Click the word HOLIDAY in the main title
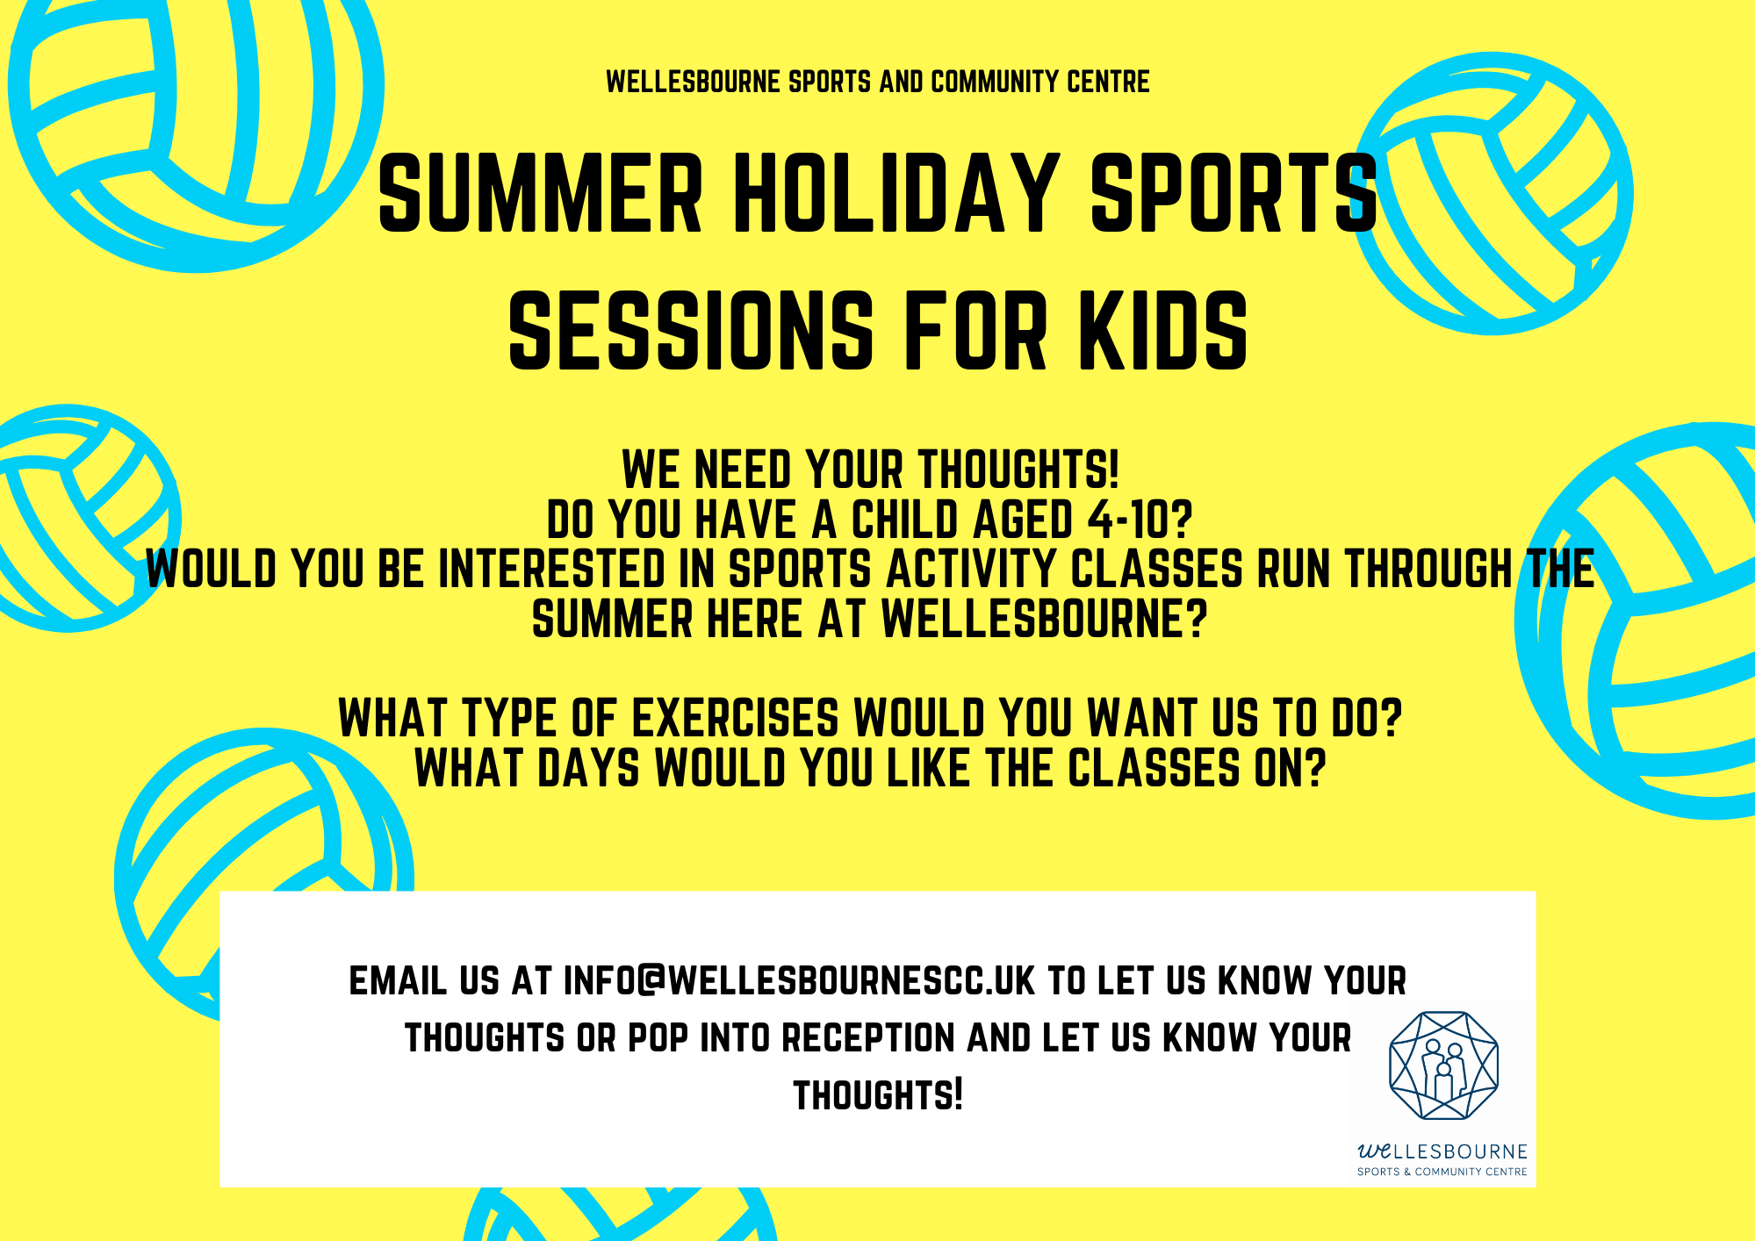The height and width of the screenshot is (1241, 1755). click(895, 194)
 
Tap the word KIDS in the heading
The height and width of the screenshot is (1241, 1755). click(1163, 332)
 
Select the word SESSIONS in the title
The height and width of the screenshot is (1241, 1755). click(691, 332)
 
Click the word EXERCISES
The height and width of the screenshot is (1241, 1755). click(735, 719)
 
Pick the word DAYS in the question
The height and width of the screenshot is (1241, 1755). click(588, 769)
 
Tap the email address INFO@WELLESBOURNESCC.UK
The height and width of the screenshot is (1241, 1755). click(799, 981)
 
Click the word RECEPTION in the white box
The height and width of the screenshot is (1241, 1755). click(868, 1038)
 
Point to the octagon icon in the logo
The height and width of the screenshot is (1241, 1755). click(1443, 1065)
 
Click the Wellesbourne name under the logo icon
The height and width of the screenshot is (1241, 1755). click(1442, 1151)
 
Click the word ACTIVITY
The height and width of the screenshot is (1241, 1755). click(971, 569)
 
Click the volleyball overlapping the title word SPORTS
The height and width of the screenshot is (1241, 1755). click(1492, 194)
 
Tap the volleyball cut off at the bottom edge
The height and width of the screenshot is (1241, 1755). click(620, 1215)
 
